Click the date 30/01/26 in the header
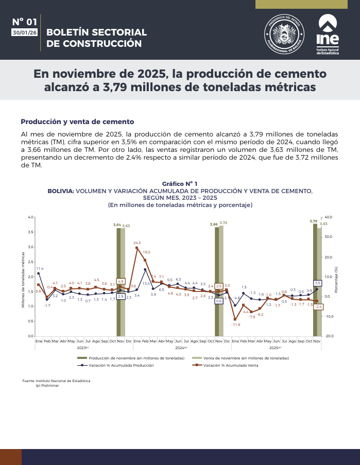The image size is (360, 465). point(25,32)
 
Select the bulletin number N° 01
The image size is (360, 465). point(25,22)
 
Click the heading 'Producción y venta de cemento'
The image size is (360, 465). point(77,122)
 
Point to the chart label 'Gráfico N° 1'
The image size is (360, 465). point(180,184)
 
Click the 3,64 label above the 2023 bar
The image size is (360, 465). point(117,225)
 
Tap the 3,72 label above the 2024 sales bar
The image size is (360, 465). point(224,222)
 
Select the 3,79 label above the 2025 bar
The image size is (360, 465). point(313,221)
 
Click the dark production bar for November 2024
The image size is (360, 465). point(217,281)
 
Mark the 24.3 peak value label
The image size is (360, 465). point(137,243)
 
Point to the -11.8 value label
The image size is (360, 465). point(236,325)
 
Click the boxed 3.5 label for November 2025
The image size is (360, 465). point(318,283)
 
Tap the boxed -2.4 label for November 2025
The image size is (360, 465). point(319,307)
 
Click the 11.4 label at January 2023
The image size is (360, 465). point(40,269)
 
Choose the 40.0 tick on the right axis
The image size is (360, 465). point(329,217)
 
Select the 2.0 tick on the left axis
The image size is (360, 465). point(30,277)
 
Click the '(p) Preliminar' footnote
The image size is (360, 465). point(47,385)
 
